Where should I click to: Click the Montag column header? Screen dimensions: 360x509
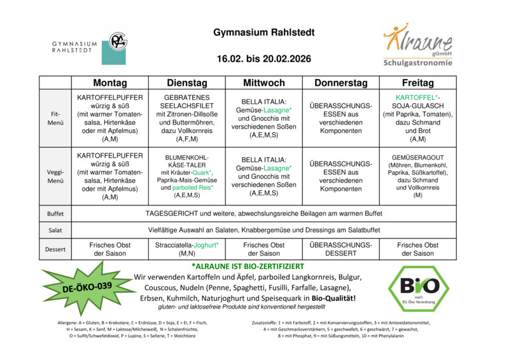[109, 83]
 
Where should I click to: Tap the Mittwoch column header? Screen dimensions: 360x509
[264, 83]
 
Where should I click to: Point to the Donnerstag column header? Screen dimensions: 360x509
[340, 83]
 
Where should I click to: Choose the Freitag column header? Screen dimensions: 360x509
[417, 83]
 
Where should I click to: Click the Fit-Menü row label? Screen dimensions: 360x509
[55, 118]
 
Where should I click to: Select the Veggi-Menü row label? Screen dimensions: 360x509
[55, 176]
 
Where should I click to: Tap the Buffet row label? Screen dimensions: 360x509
[55, 214]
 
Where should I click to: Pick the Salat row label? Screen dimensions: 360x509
[55, 230]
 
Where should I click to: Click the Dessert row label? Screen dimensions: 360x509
[55, 249]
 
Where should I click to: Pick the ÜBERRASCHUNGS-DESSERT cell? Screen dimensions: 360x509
[340, 249]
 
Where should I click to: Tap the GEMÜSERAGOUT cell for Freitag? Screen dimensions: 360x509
[417, 176]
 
